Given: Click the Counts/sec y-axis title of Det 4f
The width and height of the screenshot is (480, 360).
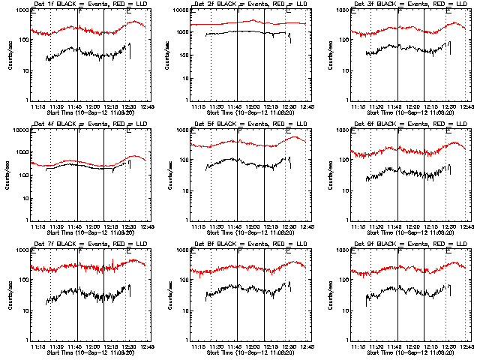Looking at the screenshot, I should (x=10, y=175).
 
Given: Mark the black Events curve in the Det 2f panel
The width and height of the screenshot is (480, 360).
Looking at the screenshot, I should (x=247, y=31).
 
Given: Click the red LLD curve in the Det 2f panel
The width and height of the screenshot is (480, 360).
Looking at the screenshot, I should (x=247, y=23).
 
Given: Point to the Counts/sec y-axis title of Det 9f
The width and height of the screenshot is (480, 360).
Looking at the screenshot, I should (x=330, y=295).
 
